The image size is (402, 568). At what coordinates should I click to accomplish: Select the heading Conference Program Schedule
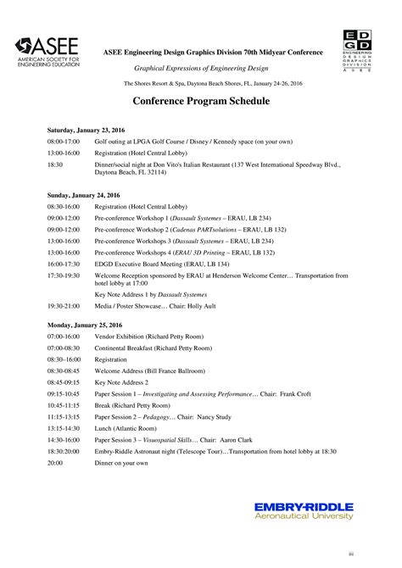(201, 101)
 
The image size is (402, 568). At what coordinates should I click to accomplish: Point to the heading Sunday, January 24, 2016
(82, 195)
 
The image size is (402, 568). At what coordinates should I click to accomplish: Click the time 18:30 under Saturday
(55, 164)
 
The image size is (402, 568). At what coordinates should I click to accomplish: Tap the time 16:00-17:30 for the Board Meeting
(64, 264)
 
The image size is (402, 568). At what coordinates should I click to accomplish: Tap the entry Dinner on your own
(121, 464)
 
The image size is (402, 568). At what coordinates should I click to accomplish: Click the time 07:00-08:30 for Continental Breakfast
(64, 348)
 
